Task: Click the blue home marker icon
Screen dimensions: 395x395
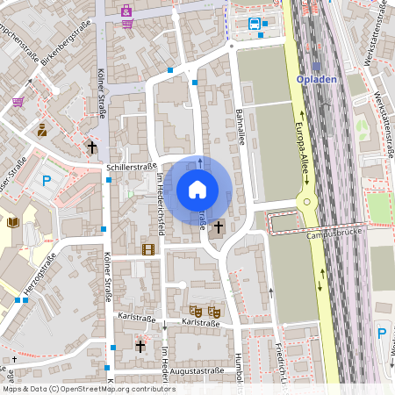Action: point(197,189)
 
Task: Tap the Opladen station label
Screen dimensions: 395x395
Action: point(318,79)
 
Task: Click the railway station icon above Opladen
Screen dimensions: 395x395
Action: point(317,65)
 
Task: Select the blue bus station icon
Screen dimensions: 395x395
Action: point(255,24)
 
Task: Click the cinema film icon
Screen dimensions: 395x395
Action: point(147,250)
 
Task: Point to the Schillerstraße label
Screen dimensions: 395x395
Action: point(130,166)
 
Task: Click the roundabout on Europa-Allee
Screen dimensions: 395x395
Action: point(307,204)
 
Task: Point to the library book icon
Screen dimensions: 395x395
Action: point(12,222)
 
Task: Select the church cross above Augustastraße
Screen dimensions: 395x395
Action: point(140,347)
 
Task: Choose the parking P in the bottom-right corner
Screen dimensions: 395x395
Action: point(382,334)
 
